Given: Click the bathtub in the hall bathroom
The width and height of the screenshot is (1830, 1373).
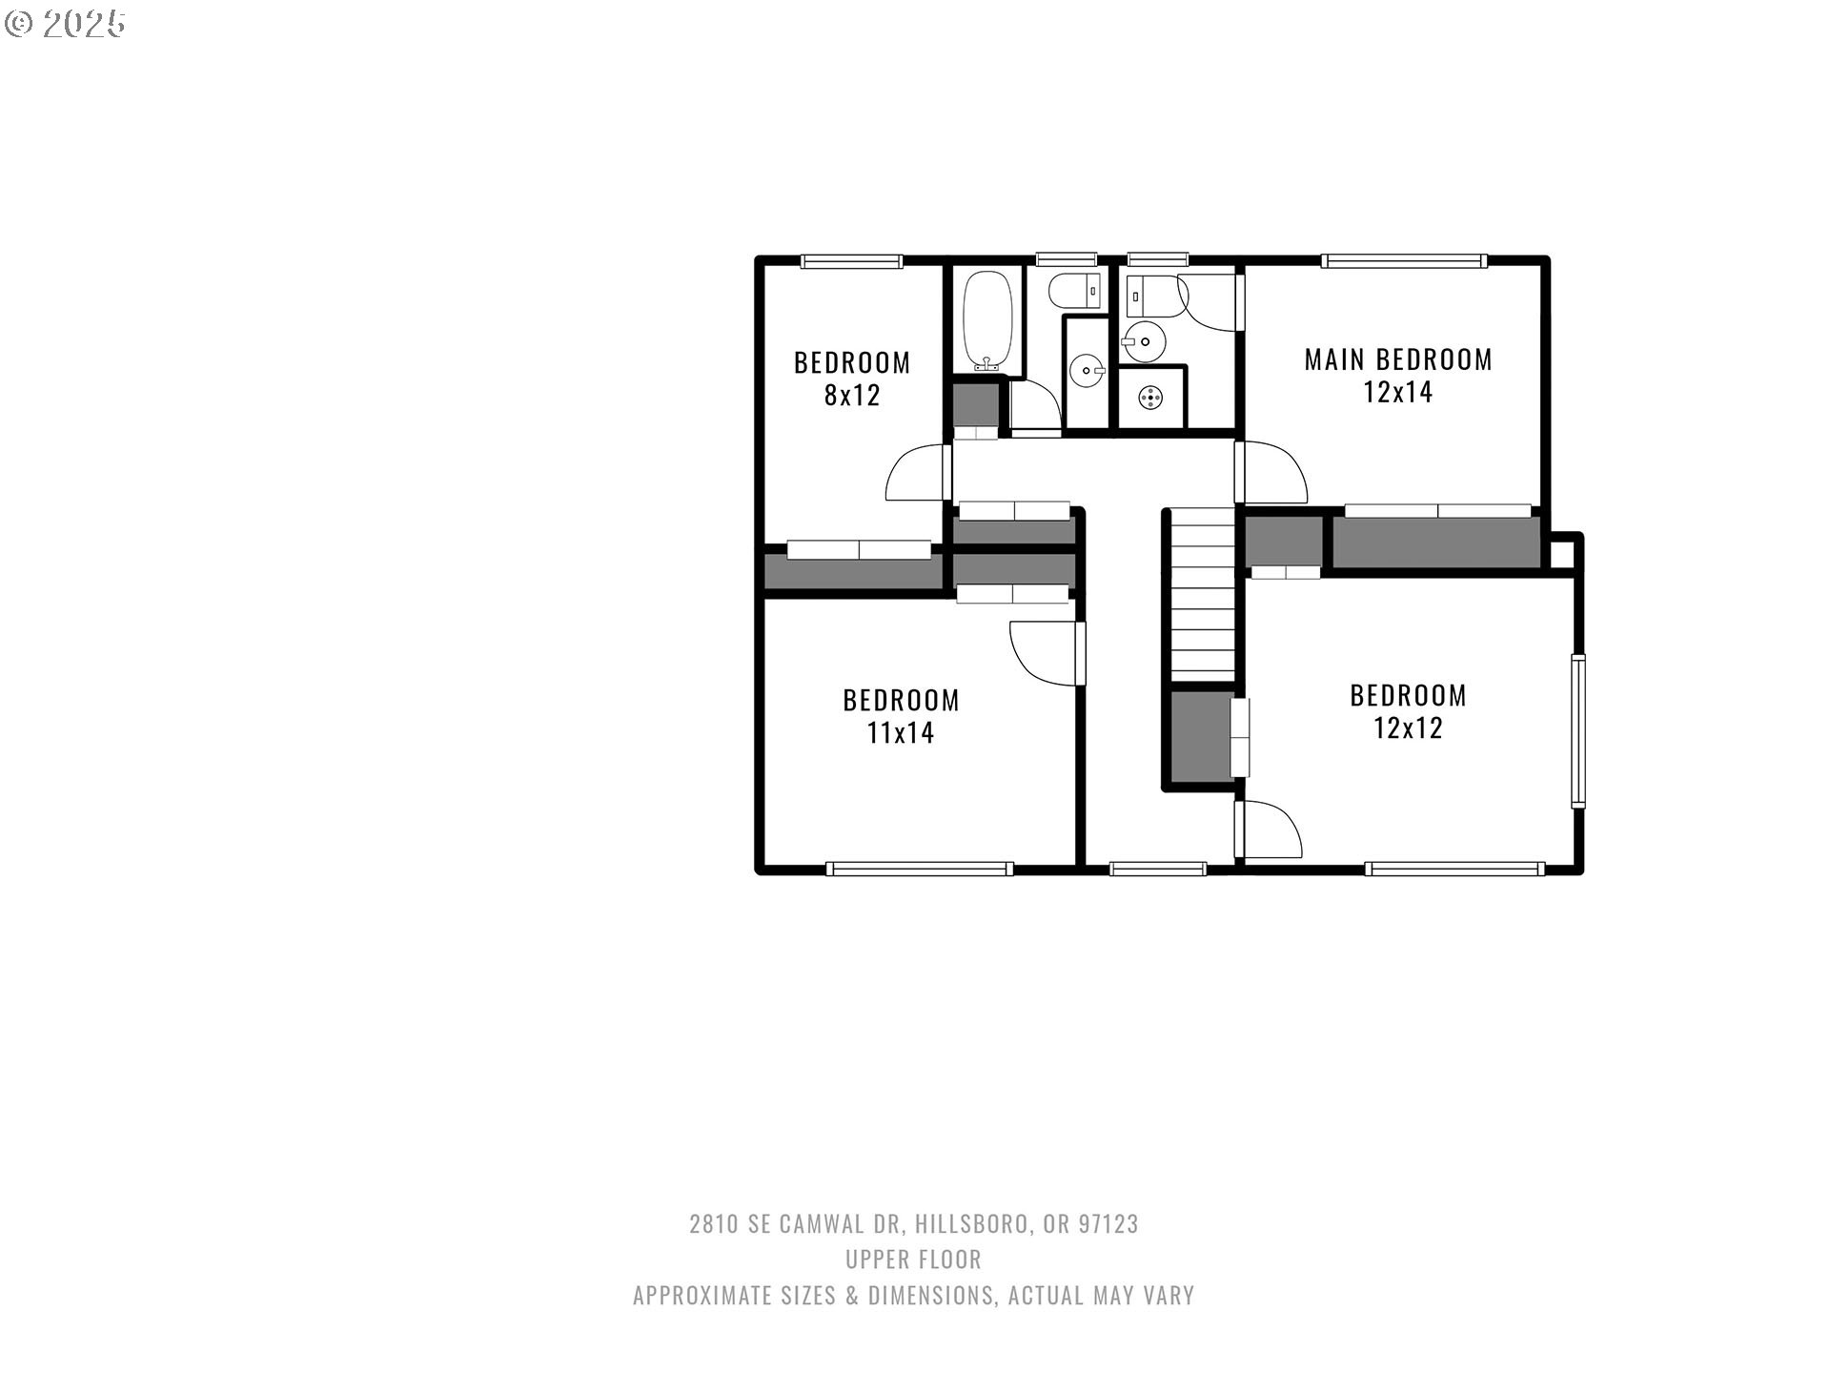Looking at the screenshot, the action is pos(986,321).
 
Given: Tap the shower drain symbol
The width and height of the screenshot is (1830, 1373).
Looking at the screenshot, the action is pos(1151,398).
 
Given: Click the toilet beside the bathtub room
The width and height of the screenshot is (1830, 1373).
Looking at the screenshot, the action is pos(1076,290).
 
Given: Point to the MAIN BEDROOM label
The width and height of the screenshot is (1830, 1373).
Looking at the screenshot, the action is pos(1398,359).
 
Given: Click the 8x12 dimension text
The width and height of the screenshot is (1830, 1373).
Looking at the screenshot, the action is pos(852,395).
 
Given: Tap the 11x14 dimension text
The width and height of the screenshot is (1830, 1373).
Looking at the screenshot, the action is pos(900,732).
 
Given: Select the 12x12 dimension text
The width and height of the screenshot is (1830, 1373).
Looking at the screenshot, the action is pos(1408,727).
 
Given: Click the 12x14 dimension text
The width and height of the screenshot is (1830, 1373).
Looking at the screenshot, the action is pos(1398,392).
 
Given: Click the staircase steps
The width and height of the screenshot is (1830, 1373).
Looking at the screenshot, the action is pos(1203,596).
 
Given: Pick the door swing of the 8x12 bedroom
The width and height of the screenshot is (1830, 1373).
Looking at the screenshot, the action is pos(914,472).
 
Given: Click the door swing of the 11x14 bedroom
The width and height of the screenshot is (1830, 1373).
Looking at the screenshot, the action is pos(1046,653).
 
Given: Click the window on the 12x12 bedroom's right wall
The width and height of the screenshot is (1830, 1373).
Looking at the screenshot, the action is pos(1578,731).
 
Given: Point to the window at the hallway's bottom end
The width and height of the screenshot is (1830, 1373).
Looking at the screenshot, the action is pos(1158,869).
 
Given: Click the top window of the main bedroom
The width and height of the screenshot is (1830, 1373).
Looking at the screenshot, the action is pos(1403,260).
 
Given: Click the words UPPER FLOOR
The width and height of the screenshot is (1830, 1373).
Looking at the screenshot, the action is pos(913,1260).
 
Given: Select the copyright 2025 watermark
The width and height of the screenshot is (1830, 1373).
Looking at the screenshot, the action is pos(65,24).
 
